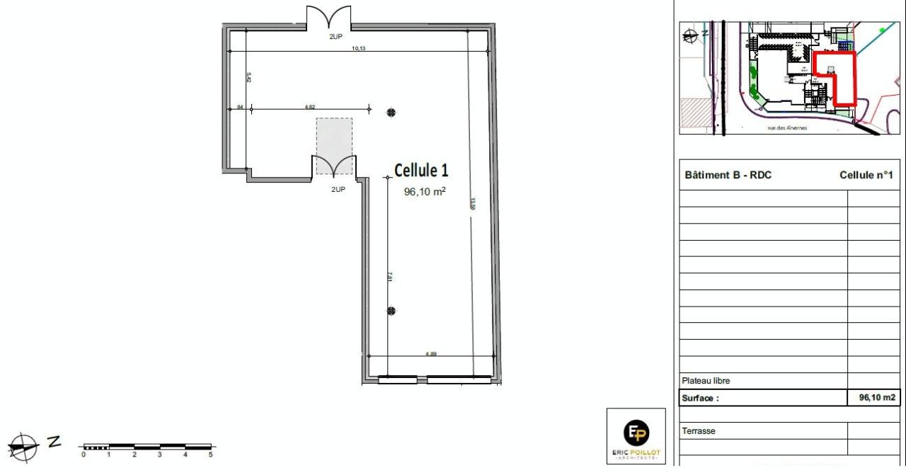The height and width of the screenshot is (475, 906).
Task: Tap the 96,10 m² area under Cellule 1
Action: click(425, 191)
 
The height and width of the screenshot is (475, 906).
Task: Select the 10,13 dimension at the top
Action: click(360, 49)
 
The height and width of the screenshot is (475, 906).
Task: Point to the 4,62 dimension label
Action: click(309, 106)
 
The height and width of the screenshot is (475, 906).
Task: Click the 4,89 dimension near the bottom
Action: click(430, 353)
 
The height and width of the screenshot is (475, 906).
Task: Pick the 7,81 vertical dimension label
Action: click(390, 277)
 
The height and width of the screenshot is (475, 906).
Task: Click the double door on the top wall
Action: click(328, 18)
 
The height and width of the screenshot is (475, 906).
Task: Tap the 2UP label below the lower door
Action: click(337, 190)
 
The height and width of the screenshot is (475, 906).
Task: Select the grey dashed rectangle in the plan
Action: click(334, 145)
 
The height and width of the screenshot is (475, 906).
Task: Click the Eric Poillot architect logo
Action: click(636, 436)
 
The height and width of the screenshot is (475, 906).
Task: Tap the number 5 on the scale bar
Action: click(210, 455)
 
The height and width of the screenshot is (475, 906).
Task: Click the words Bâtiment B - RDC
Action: click(728, 176)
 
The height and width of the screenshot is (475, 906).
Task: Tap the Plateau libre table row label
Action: click(706, 381)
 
